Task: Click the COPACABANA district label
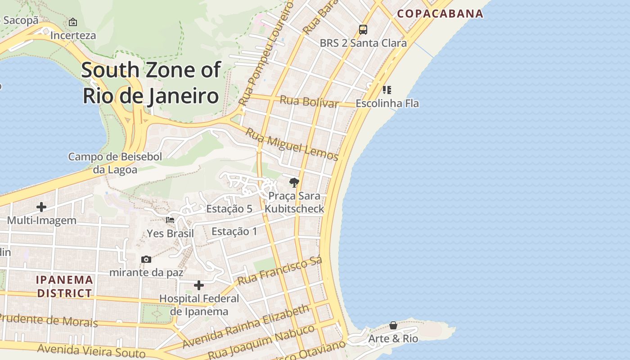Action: coord(440,13)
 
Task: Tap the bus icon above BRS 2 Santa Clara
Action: coord(363,30)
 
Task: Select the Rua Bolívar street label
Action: coord(309,101)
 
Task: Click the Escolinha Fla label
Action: coord(387,103)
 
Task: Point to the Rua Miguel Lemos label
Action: coord(292,144)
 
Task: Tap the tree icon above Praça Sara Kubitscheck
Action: coord(294,182)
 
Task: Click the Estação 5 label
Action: coord(229,209)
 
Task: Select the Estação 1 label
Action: coord(234,231)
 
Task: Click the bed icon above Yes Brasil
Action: coord(170,220)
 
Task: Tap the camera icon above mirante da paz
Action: coord(146,259)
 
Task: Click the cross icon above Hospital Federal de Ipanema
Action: coord(199,285)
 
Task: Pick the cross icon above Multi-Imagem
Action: coord(41,207)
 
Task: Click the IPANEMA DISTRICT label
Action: coord(65,286)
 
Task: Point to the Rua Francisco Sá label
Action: coord(280,271)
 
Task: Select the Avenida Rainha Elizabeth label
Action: coord(246,327)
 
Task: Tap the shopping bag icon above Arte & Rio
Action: coord(393,325)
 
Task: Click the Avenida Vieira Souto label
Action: coord(91,351)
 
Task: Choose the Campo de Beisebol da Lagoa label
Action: coord(115,163)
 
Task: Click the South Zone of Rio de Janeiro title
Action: coord(151,83)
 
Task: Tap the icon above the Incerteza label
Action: coord(73,22)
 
